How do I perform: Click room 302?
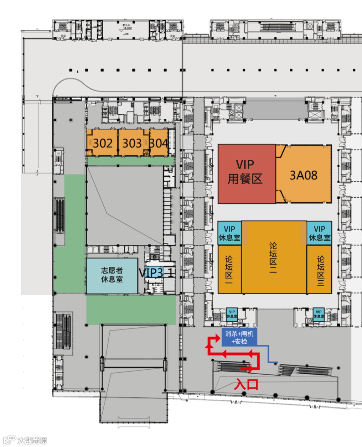click(102, 143)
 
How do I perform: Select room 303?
click(132, 143)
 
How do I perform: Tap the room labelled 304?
click(159, 143)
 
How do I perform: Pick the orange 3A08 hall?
click(303, 175)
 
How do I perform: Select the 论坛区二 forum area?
click(274, 257)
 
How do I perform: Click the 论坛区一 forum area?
click(229, 270)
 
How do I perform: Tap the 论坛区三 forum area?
click(320, 270)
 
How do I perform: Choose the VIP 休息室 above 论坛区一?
click(229, 233)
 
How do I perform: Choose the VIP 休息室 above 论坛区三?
click(319, 233)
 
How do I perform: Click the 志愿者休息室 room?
click(112, 275)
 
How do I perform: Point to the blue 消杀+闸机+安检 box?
click(239, 337)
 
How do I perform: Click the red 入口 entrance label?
click(246, 384)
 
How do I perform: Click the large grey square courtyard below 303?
click(125, 205)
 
